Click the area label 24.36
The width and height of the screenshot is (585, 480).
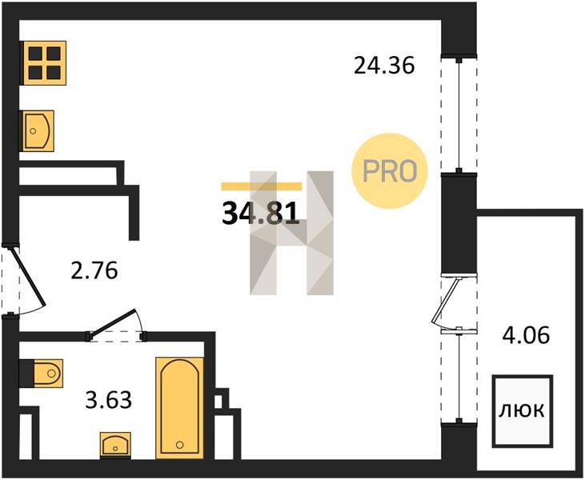click(x=384, y=66)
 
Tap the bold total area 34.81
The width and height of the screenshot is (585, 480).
click(x=261, y=213)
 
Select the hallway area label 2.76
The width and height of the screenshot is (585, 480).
click(x=94, y=270)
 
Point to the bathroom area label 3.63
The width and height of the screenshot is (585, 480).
click(x=108, y=400)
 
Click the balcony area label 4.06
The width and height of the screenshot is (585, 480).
click(x=526, y=334)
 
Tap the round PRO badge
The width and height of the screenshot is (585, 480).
click(x=390, y=171)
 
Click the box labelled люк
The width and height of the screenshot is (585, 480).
click(x=522, y=411)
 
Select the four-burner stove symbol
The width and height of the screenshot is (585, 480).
click(x=45, y=63)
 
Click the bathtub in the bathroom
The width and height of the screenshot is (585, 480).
click(x=180, y=408)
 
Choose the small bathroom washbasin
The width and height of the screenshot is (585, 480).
click(x=115, y=444)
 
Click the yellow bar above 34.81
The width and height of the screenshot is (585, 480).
click(x=261, y=186)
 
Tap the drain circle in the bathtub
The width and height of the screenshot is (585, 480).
click(x=180, y=445)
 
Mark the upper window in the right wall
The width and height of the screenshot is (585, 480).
click(x=459, y=114)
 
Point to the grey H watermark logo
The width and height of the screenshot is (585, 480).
click(x=292, y=233)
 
